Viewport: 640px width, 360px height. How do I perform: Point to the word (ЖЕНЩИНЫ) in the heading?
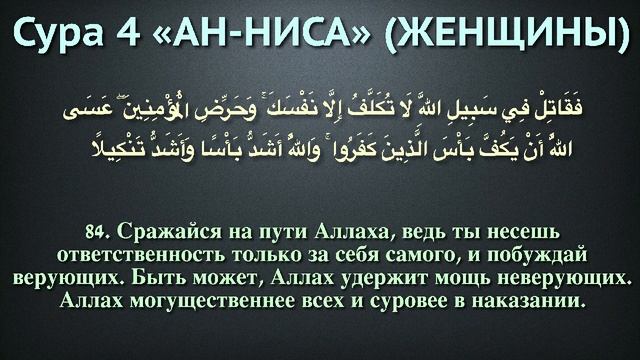point(508,37)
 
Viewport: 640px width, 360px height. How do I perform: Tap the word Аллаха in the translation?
point(334,222)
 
